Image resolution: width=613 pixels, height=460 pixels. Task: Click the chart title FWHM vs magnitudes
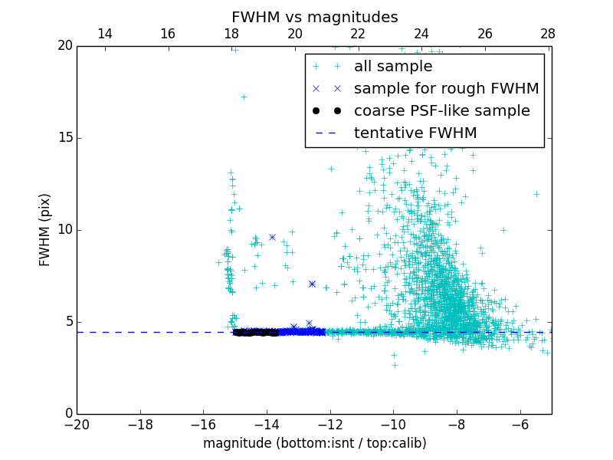[x=314, y=17]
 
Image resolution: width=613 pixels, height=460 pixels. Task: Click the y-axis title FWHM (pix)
[x=45, y=230]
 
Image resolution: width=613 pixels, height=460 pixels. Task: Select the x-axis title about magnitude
[x=314, y=443]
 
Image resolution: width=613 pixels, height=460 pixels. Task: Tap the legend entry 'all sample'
[x=392, y=67]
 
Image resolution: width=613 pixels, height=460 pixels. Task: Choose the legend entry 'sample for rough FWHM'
[x=446, y=89]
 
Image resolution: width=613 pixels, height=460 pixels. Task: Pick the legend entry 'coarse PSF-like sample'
[x=441, y=111]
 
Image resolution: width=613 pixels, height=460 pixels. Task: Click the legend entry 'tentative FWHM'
[x=415, y=133]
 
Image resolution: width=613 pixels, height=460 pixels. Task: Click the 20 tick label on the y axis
[x=64, y=46]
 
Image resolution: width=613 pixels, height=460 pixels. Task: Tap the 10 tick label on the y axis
[x=64, y=230]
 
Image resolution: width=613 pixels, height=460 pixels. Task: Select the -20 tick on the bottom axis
[x=77, y=424]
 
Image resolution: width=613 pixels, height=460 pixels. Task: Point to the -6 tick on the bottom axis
[x=520, y=424]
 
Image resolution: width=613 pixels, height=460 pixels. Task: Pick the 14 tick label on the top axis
[x=105, y=34]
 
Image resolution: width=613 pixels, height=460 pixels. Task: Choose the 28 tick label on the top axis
[x=548, y=34]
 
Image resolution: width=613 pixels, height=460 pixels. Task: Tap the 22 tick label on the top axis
[x=358, y=34]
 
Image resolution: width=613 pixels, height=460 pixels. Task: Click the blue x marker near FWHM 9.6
[x=272, y=238]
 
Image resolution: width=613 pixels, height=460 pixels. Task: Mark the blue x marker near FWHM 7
[x=312, y=284]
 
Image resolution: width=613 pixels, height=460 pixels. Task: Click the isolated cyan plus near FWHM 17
[x=244, y=97]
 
